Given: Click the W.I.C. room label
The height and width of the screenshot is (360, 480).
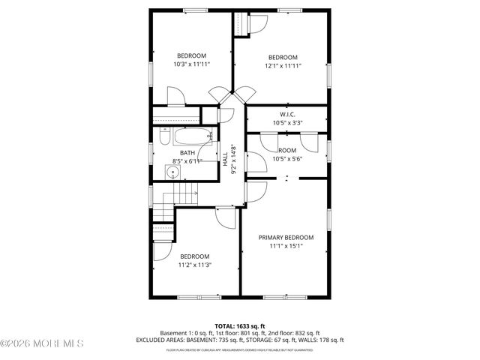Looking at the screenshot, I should pos(288,115).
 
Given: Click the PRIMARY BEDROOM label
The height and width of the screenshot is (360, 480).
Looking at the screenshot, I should pos(286,237).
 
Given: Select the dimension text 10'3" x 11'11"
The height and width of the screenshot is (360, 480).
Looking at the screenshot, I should pos(192,64).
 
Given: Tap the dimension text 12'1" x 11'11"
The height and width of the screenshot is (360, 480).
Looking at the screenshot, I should pos(283,66).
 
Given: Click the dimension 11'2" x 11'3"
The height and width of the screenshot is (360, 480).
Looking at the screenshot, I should pos(194,264).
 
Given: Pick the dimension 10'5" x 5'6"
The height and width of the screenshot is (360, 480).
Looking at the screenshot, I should pos(288,158).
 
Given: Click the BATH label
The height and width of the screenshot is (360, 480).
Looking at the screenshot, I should pos(187,153).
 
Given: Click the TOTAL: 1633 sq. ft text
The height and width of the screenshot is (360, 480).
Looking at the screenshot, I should pos(240,325).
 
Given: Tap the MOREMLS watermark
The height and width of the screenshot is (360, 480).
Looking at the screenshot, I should pos(42,344).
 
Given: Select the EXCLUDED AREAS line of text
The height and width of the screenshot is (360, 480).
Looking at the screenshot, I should pos(240,340).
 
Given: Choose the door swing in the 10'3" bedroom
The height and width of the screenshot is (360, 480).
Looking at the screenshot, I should pos(175,96).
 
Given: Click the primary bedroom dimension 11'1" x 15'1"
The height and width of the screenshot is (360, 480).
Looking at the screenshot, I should pos(286,245).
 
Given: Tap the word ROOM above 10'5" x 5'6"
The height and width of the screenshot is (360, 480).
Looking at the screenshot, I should pos(288,150).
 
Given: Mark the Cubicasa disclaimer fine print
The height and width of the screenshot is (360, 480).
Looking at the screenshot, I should pos(240,349).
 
